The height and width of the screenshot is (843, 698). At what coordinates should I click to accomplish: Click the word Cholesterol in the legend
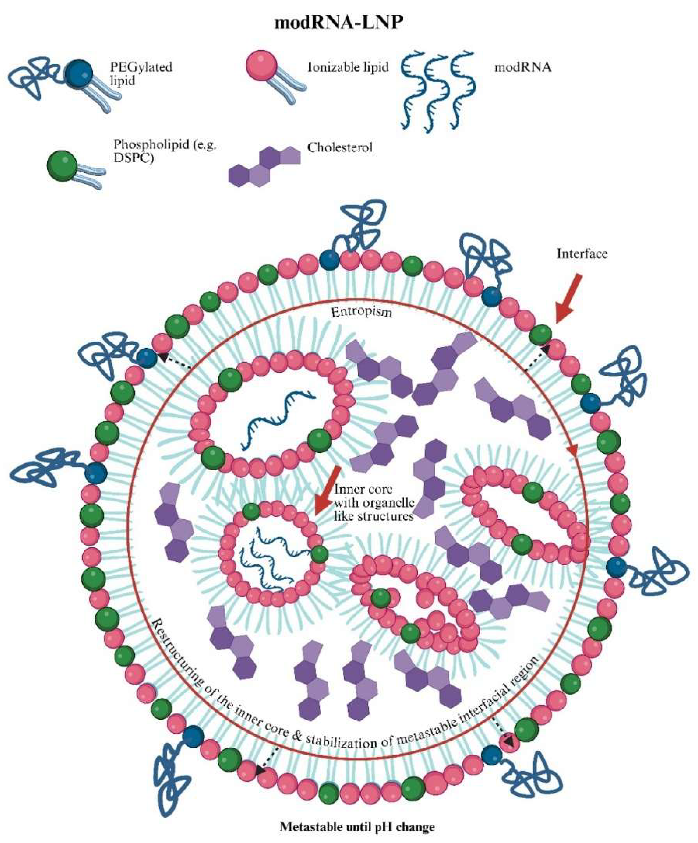tap(340, 147)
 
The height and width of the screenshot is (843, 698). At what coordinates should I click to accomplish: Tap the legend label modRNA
tap(523, 67)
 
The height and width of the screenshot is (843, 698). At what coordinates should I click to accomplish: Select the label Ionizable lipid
tap(348, 67)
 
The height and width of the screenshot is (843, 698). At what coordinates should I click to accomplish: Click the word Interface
tap(582, 253)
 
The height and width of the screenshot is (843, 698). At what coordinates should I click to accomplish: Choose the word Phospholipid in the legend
tap(145, 144)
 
